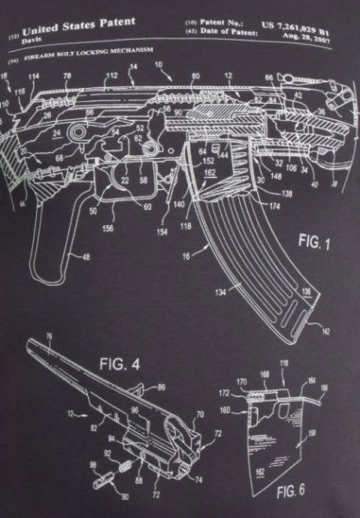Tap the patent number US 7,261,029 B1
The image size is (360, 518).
(x=307, y=28)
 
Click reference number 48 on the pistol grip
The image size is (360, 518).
(x=85, y=256)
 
